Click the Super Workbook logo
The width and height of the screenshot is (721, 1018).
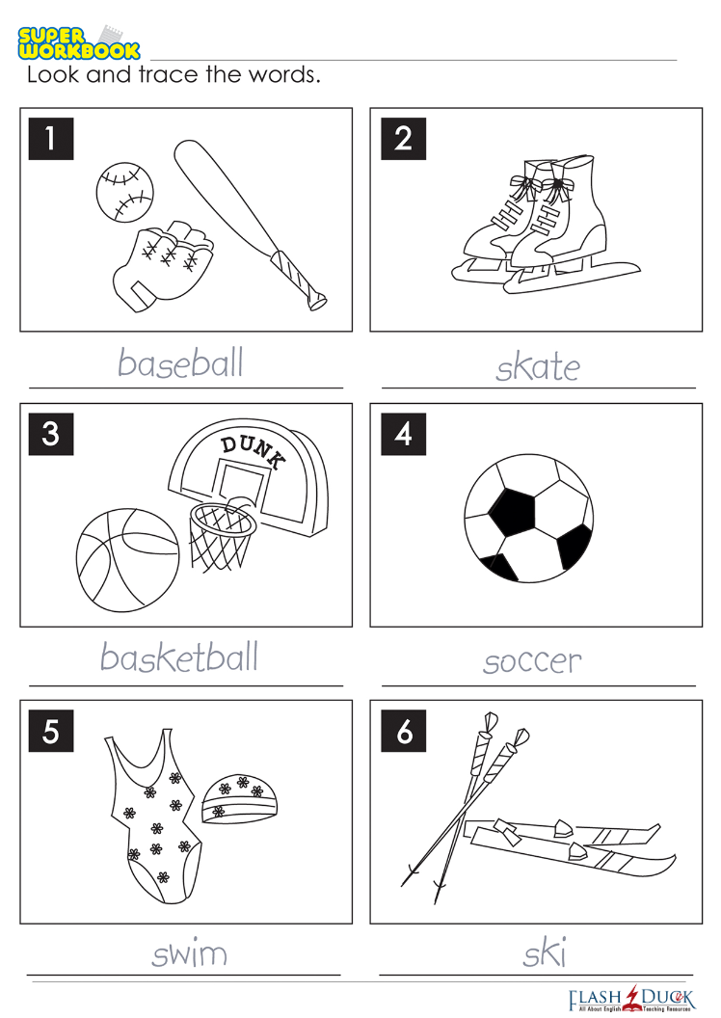[78, 42]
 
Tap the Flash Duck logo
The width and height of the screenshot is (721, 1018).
[631, 999]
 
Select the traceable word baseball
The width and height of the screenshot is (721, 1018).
[180, 362]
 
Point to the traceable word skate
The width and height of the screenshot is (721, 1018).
[538, 366]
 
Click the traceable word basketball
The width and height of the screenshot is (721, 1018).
[179, 656]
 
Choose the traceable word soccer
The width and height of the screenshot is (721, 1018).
[532, 661]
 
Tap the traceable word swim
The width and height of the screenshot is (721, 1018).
[190, 953]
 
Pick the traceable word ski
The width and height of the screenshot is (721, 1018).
[545, 952]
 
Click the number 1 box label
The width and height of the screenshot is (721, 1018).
[51, 138]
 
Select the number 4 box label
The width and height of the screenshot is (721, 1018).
[403, 434]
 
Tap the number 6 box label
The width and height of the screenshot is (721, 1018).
[403, 731]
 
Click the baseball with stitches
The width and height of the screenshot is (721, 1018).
[124, 192]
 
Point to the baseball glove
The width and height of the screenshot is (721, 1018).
[162, 265]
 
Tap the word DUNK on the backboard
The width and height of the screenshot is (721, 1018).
[253, 450]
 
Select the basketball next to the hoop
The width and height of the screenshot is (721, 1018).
[127, 560]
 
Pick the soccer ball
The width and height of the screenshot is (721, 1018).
[528, 518]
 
